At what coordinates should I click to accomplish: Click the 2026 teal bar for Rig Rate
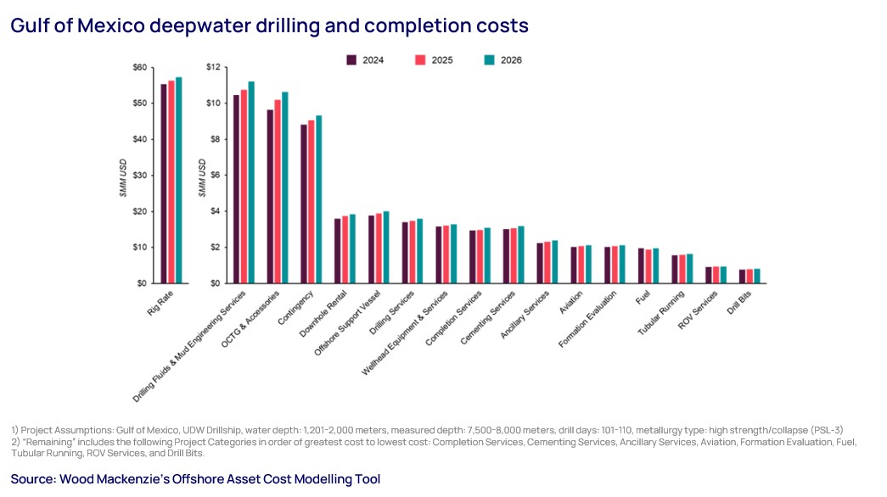[178, 180]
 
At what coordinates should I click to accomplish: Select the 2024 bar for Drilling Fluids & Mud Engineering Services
[236, 189]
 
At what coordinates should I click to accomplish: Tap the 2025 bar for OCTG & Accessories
[277, 192]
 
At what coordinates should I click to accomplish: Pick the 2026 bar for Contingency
[318, 199]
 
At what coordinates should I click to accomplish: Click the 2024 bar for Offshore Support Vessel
[371, 249]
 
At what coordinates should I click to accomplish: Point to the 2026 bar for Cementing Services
[520, 254]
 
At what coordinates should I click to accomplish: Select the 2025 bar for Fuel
[648, 266]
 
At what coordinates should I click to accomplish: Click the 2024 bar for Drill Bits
[742, 276]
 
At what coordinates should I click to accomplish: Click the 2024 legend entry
[364, 60]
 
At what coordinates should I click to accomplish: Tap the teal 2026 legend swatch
[489, 60]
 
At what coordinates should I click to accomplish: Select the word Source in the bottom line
[31, 479]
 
